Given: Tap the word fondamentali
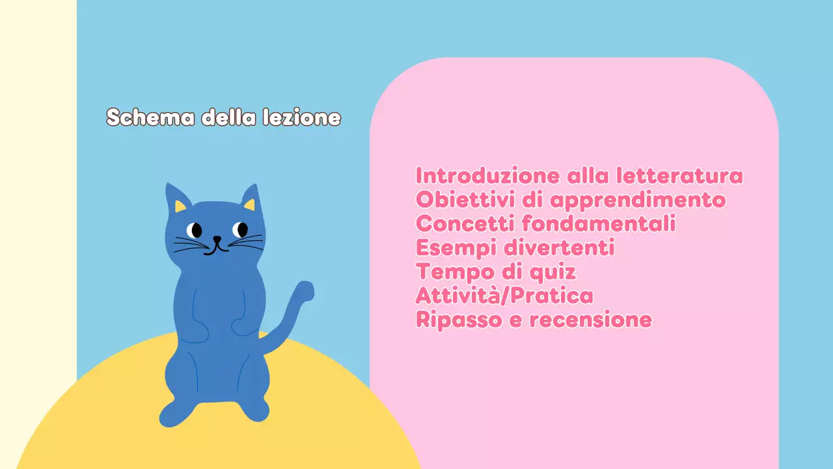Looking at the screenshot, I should [599, 224].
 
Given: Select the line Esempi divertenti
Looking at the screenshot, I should [515, 248].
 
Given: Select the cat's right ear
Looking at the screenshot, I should [251, 199].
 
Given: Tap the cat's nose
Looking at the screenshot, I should [217, 239].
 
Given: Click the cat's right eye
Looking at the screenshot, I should [241, 229].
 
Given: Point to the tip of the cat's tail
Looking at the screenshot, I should [305, 290].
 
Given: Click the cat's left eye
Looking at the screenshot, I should [194, 230].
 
